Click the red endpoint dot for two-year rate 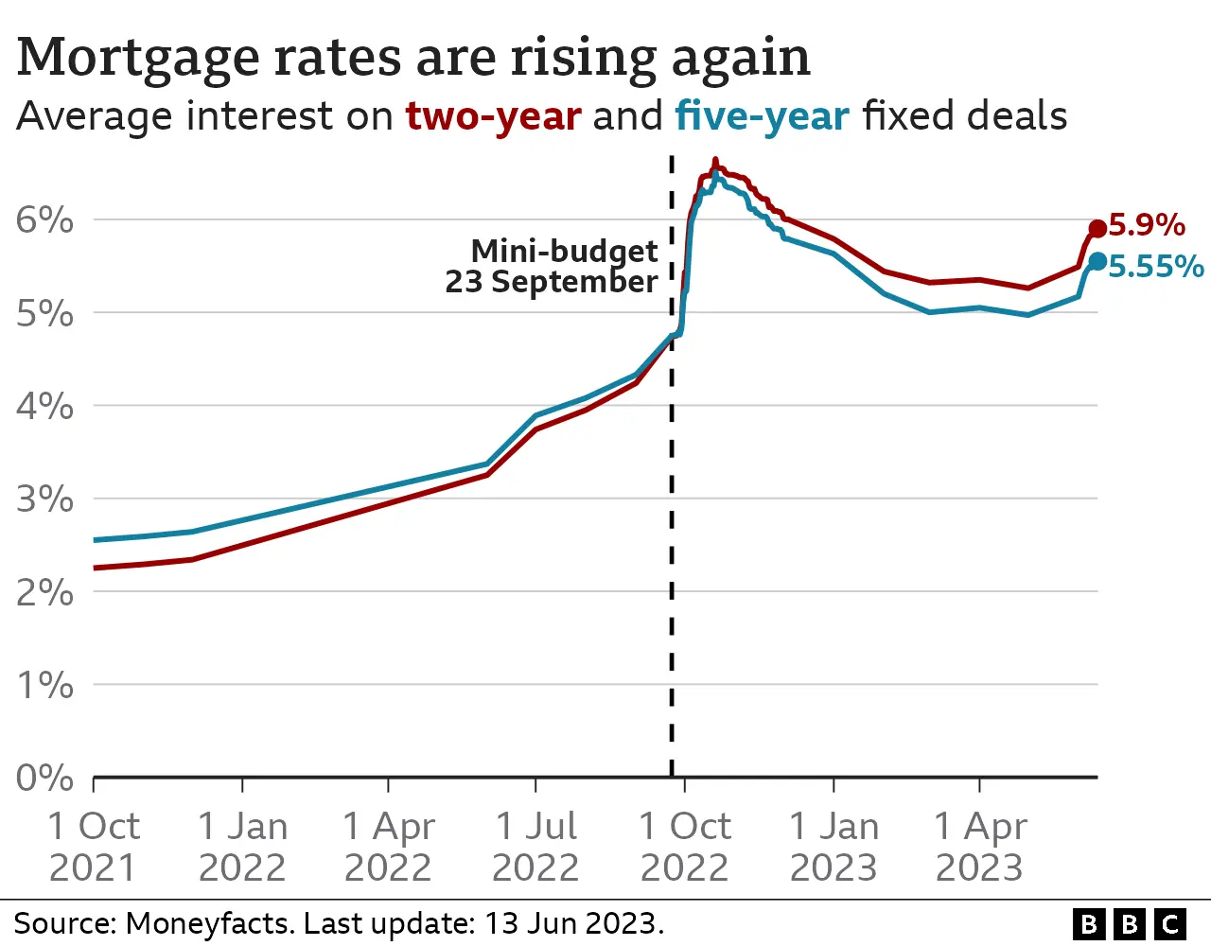point(1097,228)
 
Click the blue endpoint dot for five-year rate point(1097,261)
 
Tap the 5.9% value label point(1146,225)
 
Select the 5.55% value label point(1155,267)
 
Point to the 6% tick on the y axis point(44,220)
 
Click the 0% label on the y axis point(44,778)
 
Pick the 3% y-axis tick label point(44,499)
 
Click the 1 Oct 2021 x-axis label point(94,847)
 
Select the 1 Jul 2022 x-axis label point(535,847)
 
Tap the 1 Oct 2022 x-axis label point(684,847)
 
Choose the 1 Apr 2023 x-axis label point(980,847)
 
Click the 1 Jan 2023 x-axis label point(834,847)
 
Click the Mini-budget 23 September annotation point(553,266)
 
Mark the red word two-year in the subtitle point(493,116)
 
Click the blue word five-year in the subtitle point(762,116)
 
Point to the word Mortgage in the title point(137,59)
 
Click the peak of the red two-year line point(714,161)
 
